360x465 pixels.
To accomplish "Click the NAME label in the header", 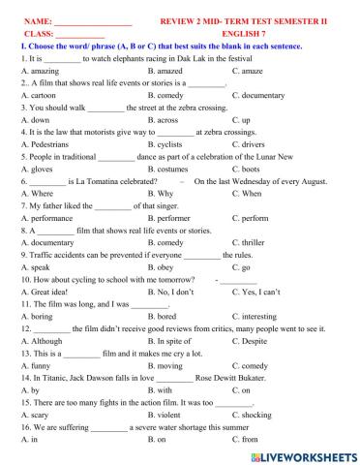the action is pyautogui.click(x=35, y=19).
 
